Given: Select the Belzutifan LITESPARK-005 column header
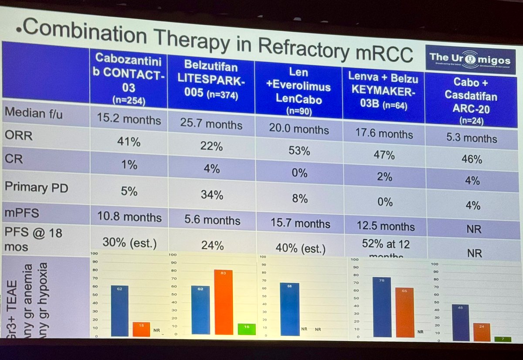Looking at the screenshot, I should (x=211, y=81).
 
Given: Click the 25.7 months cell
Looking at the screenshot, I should (x=211, y=124).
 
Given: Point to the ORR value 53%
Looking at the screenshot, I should (x=299, y=151).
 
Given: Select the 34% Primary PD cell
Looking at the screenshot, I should (x=212, y=194).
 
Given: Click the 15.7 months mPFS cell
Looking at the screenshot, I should (x=299, y=224).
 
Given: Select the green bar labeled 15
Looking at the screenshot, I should (x=246, y=329).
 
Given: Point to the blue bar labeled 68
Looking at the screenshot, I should (x=289, y=309).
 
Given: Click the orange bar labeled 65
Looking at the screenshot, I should (x=404, y=312).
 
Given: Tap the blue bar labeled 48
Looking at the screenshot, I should (x=460, y=323).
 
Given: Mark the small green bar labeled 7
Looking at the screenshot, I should (x=503, y=339).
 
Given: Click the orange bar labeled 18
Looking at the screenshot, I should (x=141, y=329).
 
